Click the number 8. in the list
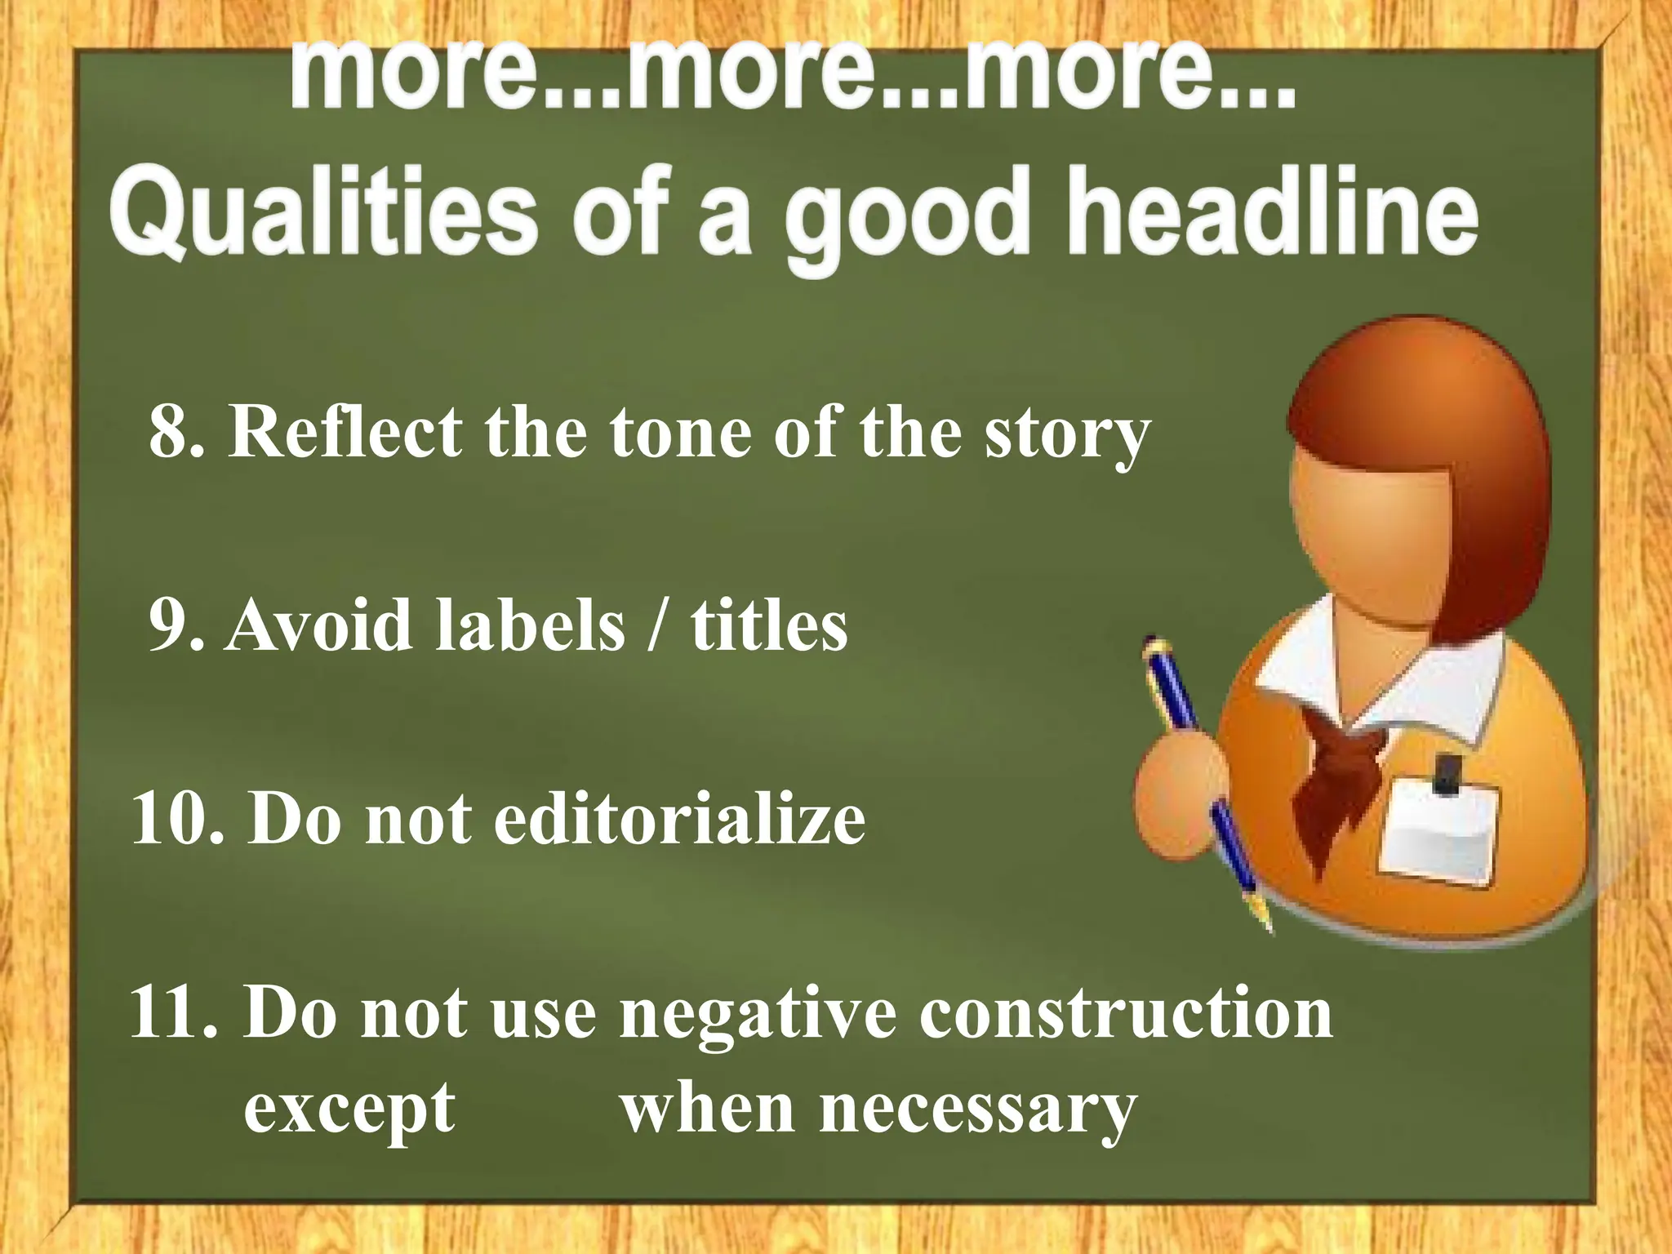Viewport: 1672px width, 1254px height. (x=175, y=432)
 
